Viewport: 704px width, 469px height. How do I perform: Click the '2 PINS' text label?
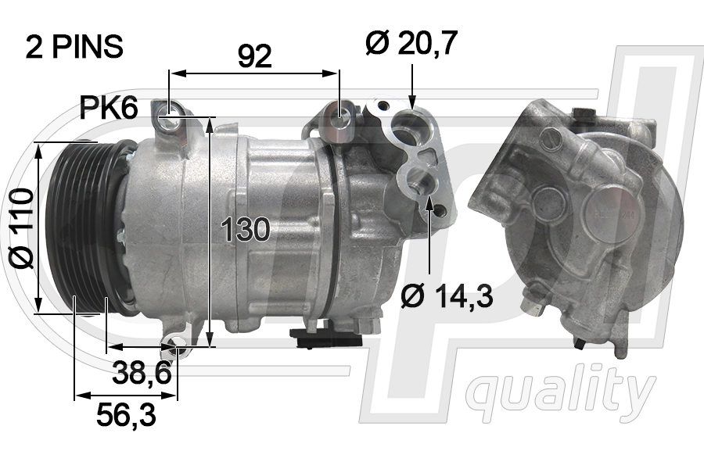pyautogui.click(x=74, y=47)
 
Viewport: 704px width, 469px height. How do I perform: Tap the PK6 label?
pyautogui.click(x=109, y=108)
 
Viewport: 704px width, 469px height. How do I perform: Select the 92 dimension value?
pyautogui.click(x=255, y=56)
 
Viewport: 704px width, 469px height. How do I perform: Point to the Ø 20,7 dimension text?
pyautogui.click(x=411, y=44)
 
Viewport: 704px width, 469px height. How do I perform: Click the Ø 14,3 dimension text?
pyautogui.click(x=447, y=296)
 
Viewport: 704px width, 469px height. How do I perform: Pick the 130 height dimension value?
pyautogui.click(x=246, y=230)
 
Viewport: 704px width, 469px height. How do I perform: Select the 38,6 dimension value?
pyautogui.click(x=142, y=374)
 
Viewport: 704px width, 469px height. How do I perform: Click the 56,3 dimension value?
pyautogui.click(x=126, y=415)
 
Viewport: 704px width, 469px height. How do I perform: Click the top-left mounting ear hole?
pyautogui.click(x=167, y=120)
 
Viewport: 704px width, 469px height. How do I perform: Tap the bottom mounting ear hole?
pyautogui.click(x=178, y=347)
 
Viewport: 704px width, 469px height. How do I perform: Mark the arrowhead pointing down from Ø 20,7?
pyautogui.click(x=411, y=101)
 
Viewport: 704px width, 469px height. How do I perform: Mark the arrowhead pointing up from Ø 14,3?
pyautogui.click(x=429, y=205)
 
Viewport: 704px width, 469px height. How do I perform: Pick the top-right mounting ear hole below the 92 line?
pyautogui.click(x=339, y=116)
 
